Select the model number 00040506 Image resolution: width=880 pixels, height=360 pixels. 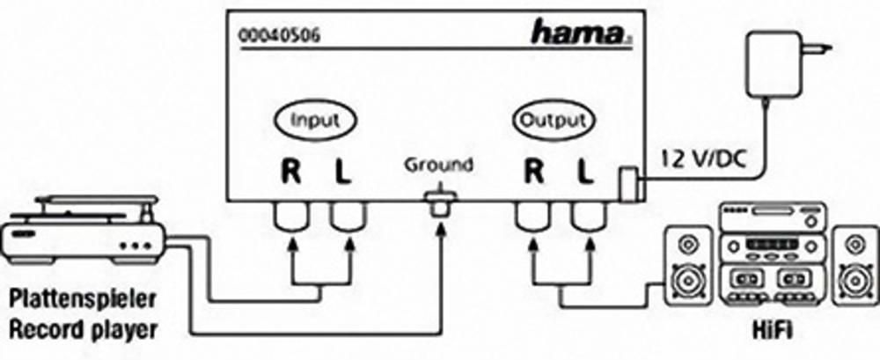click(x=280, y=36)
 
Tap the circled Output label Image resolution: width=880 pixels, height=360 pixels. click(x=553, y=121)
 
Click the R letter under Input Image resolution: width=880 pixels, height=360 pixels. click(x=290, y=173)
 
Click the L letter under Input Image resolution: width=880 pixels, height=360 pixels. click(x=343, y=173)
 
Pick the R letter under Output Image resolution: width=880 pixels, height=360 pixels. click(x=533, y=173)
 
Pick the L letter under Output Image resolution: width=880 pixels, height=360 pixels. click(x=585, y=173)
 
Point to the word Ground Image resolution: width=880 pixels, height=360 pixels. click(x=439, y=165)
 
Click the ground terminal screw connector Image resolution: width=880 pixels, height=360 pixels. click(x=440, y=204)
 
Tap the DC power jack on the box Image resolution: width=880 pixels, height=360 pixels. click(x=631, y=184)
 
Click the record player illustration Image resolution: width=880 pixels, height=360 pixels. click(x=84, y=231)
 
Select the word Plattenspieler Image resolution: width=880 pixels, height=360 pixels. click(x=82, y=299)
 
